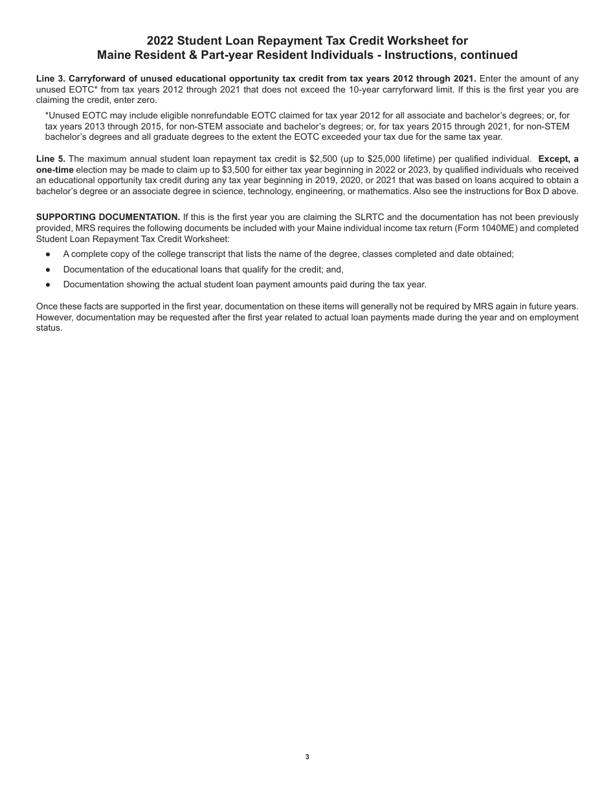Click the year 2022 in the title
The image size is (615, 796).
161,41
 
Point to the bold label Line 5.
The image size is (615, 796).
50,159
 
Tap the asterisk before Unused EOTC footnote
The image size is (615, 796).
47,115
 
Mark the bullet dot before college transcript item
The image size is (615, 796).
48,254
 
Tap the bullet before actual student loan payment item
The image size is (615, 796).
48,285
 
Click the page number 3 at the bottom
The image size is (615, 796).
307,757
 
